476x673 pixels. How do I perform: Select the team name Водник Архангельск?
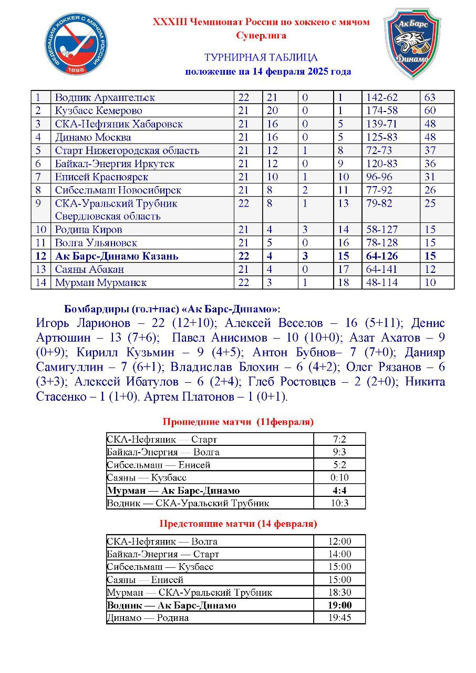click(105, 98)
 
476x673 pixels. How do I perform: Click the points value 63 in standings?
click(430, 98)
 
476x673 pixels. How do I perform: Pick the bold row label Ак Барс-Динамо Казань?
click(117, 257)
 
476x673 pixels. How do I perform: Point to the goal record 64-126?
click(382, 257)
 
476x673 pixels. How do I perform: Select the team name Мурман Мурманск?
click(101, 283)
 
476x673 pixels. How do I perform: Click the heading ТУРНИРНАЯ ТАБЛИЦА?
click(261, 58)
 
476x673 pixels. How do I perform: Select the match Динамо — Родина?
click(148, 618)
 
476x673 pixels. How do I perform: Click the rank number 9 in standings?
click(38, 203)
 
